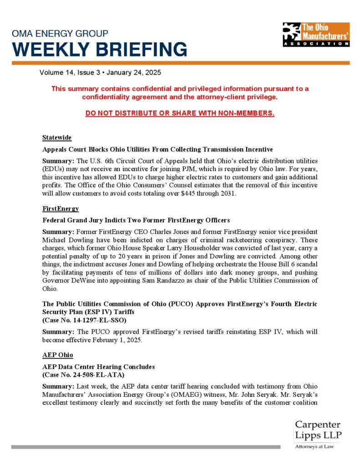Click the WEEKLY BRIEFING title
point(99,49)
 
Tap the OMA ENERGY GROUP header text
point(60,34)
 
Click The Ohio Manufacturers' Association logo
point(315,35)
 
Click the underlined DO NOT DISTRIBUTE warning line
point(180,113)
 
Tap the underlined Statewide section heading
point(57,137)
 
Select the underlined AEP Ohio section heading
point(58,355)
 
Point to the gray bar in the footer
point(146,447)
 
